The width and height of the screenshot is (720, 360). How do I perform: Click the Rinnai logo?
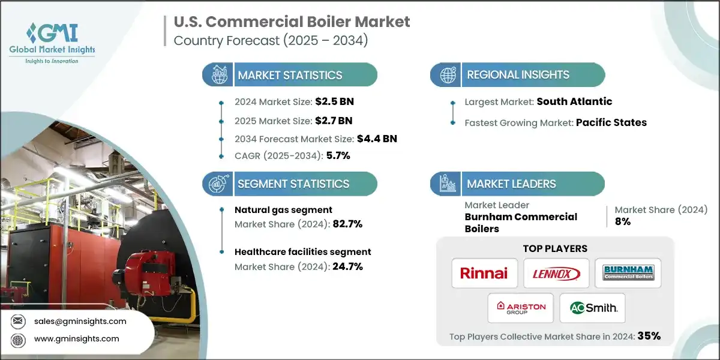click(x=484, y=274)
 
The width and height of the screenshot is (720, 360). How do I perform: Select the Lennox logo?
click(x=556, y=274)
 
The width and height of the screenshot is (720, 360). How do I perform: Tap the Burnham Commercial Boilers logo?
click(x=628, y=274)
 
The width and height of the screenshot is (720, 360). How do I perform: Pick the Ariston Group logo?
click(x=521, y=308)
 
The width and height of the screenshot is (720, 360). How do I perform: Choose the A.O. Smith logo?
click(x=592, y=308)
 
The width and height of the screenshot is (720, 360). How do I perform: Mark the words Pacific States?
click(x=611, y=122)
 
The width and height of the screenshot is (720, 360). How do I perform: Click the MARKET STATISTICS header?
click(x=290, y=75)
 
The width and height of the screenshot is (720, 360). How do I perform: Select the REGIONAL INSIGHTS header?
click(x=518, y=75)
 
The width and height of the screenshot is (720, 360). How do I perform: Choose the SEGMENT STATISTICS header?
click(x=293, y=184)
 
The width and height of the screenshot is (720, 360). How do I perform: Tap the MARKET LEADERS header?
click(x=511, y=184)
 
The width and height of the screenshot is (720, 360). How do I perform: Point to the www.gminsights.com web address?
click(x=77, y=339)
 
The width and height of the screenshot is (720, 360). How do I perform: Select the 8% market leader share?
click(x=623, y=222)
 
